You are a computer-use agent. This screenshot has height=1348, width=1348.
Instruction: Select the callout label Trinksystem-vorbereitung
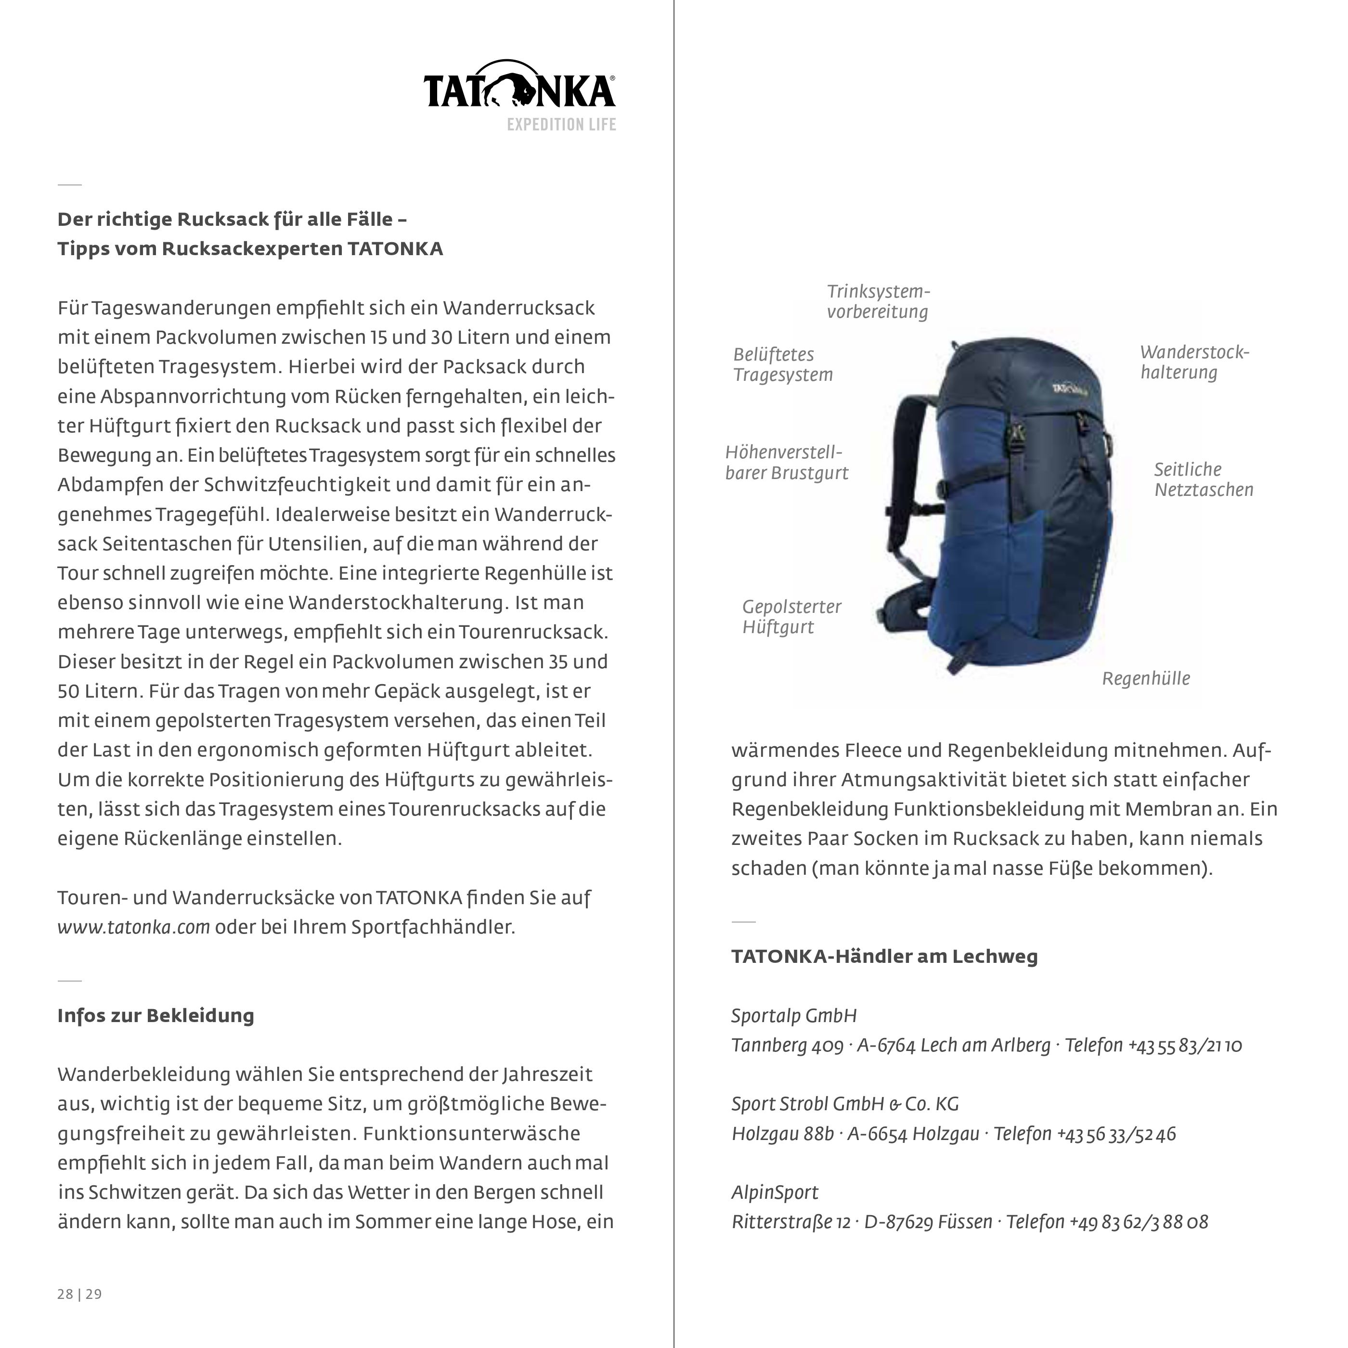878,301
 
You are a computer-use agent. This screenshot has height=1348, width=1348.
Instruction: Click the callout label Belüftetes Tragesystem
782,364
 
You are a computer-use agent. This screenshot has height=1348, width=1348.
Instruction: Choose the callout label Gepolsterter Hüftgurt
791,616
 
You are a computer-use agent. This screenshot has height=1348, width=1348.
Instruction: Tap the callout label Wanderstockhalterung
1194,362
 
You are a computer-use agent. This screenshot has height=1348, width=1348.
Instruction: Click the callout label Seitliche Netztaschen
1203,480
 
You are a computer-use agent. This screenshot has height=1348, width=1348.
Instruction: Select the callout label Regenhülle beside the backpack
1146,678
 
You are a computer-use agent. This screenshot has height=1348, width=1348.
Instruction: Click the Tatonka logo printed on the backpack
1069,388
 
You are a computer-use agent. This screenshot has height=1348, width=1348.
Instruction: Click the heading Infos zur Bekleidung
156,1015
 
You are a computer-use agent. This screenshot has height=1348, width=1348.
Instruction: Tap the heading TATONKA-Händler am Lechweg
884,956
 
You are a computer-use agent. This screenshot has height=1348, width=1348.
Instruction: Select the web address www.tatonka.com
134,927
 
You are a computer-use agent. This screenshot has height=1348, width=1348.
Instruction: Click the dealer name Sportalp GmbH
794,1015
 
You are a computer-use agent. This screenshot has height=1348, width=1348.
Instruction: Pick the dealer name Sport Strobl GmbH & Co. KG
845,1104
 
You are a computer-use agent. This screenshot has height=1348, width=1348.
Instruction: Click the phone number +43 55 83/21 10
1185,1045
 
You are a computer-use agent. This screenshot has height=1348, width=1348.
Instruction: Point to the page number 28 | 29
79,1294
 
